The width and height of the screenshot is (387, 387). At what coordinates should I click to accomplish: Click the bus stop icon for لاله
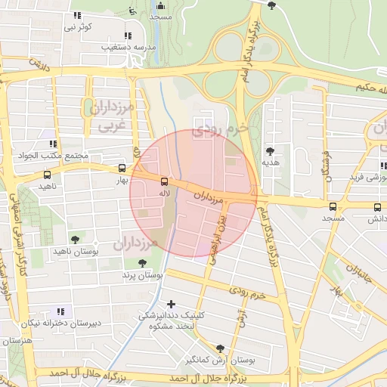click(164, 181)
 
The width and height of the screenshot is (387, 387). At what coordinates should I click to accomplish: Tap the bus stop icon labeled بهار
click(122, 169)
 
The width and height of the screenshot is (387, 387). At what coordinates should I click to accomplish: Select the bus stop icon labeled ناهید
click(48, 175)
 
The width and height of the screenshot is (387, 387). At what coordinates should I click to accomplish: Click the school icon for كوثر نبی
click(77, 16)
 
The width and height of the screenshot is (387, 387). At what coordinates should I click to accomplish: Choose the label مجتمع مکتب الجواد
click(57, 156)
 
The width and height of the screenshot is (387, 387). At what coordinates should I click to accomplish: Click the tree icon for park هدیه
click(270, 151)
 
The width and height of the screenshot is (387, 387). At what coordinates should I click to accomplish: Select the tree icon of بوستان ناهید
click(74, 240)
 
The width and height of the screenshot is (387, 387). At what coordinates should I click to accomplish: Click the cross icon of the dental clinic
click(172, 304)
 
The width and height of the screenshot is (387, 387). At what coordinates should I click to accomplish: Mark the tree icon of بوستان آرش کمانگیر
click(220, 348)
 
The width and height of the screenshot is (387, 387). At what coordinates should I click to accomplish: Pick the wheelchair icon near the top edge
click(133, 11)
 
